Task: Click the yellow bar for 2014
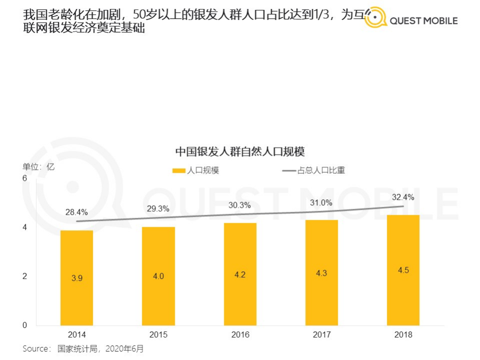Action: tap(77, 278)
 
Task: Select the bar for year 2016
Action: tap(240, 274)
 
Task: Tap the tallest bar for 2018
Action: tap(403, 270)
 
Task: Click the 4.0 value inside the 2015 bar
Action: tap(158, 276)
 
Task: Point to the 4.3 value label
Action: tap(321, 273)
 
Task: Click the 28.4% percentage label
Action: tap(77, 212)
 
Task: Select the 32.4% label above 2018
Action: tap(403, 197)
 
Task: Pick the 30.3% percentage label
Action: tap(240, 205)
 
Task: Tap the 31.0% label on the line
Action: tap(321, 203)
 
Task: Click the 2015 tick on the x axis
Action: tap(158, 334)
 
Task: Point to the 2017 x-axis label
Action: tap(321, 334)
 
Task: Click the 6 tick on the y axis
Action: tap(24, 178)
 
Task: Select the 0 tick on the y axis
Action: tap(24, 325)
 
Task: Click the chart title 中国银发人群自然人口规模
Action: tap(240, 151)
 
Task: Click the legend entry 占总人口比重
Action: tap(314, 170)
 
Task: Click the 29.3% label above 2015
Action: tap(158, 208)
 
